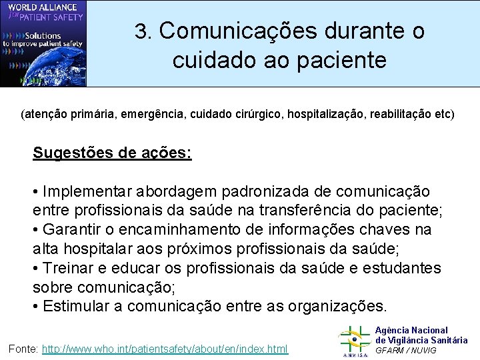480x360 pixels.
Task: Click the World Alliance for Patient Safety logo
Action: pos(43,43)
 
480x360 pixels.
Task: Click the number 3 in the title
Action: pos(140,31)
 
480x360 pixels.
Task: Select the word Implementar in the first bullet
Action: pos(88,191)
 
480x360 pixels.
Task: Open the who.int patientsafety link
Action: pos(165,349)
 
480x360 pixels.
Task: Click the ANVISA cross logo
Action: pos(354,341)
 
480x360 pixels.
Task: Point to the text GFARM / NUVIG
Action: pos(406,350)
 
